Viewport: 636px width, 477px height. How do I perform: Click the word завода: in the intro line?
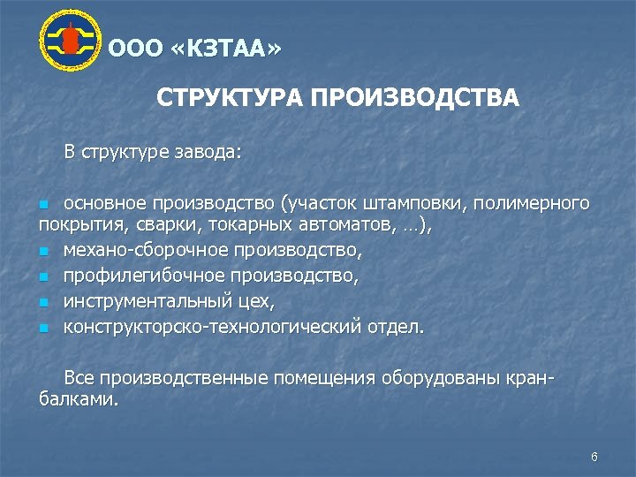tap(205, 152)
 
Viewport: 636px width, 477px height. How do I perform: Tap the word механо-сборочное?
tap(140, 251)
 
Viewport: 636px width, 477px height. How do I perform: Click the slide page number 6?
tap(594, 457)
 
